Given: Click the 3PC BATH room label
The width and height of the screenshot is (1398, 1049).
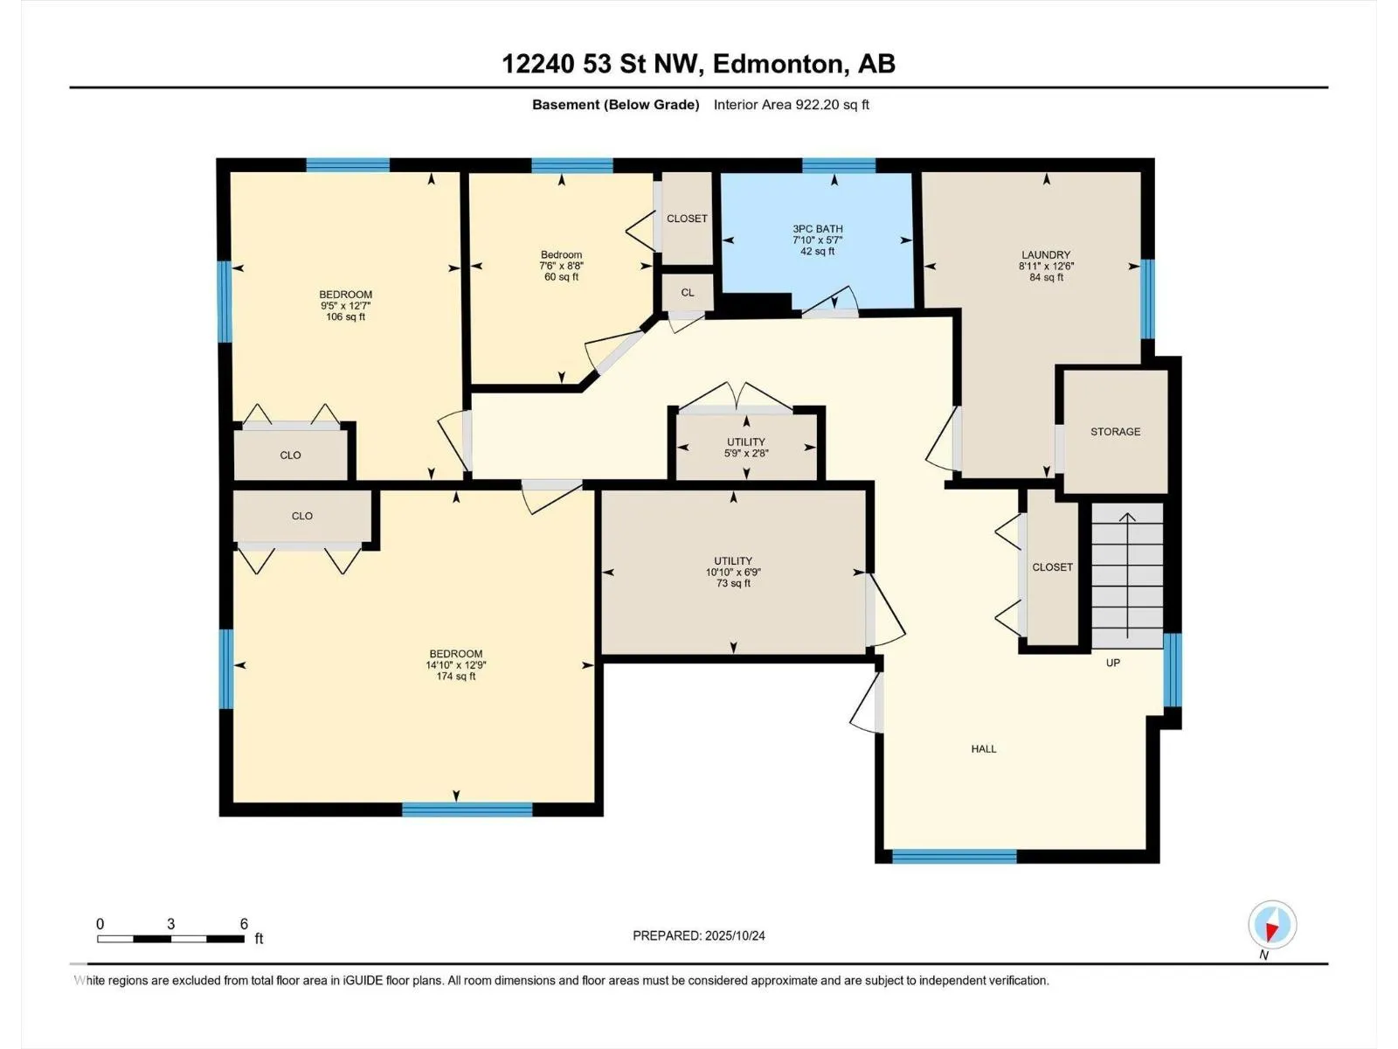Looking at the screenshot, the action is click(817, 229).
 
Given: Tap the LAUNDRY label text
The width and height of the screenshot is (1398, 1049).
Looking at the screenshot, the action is click(1046, 254).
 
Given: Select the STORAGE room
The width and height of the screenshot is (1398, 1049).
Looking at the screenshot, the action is click(1115, 431).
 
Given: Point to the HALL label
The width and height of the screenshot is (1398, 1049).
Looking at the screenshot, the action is click(983, 749).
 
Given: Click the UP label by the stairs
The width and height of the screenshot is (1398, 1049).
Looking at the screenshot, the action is click(1112, 663).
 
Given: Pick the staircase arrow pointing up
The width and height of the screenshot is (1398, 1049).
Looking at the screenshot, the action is click(1127, 574).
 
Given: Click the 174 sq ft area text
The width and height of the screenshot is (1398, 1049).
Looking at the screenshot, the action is click(455, 677).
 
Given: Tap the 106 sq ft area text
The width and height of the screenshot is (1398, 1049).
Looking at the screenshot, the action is click(345, 316).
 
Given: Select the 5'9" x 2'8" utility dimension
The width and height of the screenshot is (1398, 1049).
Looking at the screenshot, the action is click(746, 454).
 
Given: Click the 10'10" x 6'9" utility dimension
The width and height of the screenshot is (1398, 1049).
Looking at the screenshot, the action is click(733, 572).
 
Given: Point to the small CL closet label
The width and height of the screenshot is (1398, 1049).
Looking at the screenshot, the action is click(688, 292).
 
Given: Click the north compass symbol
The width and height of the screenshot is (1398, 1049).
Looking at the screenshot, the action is click(1271, 925).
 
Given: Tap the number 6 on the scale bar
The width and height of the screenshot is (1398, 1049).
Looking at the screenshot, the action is click(244, 923).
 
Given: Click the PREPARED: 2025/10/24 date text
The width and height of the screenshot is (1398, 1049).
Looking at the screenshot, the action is click(699, 935).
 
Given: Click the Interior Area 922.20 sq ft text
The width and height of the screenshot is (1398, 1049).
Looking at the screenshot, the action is click(791, 104).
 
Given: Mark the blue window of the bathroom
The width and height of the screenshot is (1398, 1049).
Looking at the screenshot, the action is click(839, 165).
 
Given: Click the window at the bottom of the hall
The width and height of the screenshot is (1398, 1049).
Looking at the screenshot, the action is click(954, 857).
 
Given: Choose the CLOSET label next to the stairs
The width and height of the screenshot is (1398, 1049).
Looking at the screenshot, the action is click(1052, 566).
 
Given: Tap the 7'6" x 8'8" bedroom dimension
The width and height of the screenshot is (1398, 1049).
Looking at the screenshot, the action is click(561, 266).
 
